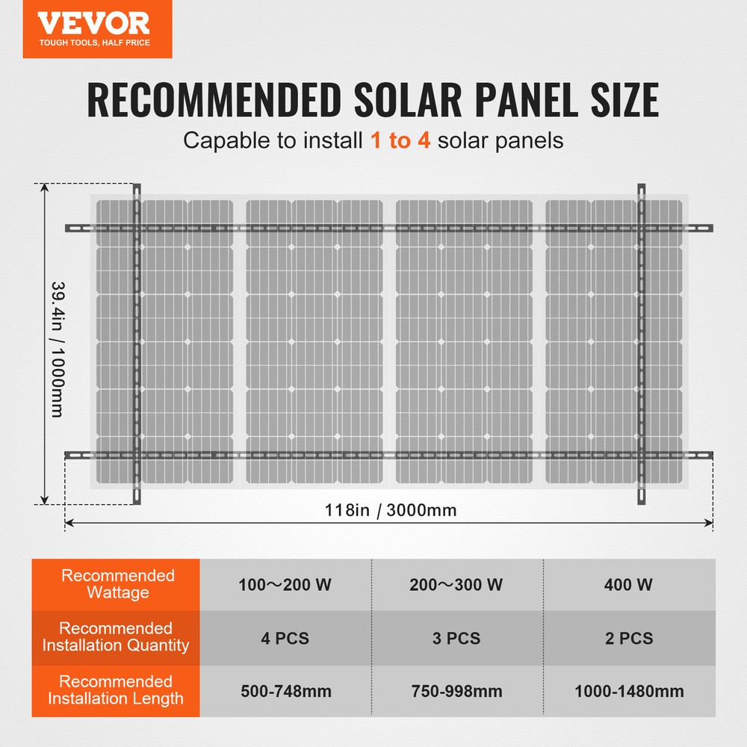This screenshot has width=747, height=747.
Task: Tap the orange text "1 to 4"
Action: point(400,140)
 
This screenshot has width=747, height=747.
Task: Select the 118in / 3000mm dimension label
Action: point(391,511)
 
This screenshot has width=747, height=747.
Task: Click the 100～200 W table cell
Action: point(285,585)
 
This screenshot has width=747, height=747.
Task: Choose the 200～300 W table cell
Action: point(456,585)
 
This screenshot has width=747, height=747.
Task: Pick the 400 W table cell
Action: point(629,585)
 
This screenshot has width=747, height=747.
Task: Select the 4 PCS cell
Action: point(285,639)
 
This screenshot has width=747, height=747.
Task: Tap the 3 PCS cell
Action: point(456,639)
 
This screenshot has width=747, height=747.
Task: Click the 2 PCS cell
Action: point(629,639)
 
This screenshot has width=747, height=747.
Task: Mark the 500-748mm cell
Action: point(285,692)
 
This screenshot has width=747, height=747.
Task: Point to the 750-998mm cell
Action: point(456,692)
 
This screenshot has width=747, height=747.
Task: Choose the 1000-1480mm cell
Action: point(629,692)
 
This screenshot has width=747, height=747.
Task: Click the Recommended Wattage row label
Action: point(117,584)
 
